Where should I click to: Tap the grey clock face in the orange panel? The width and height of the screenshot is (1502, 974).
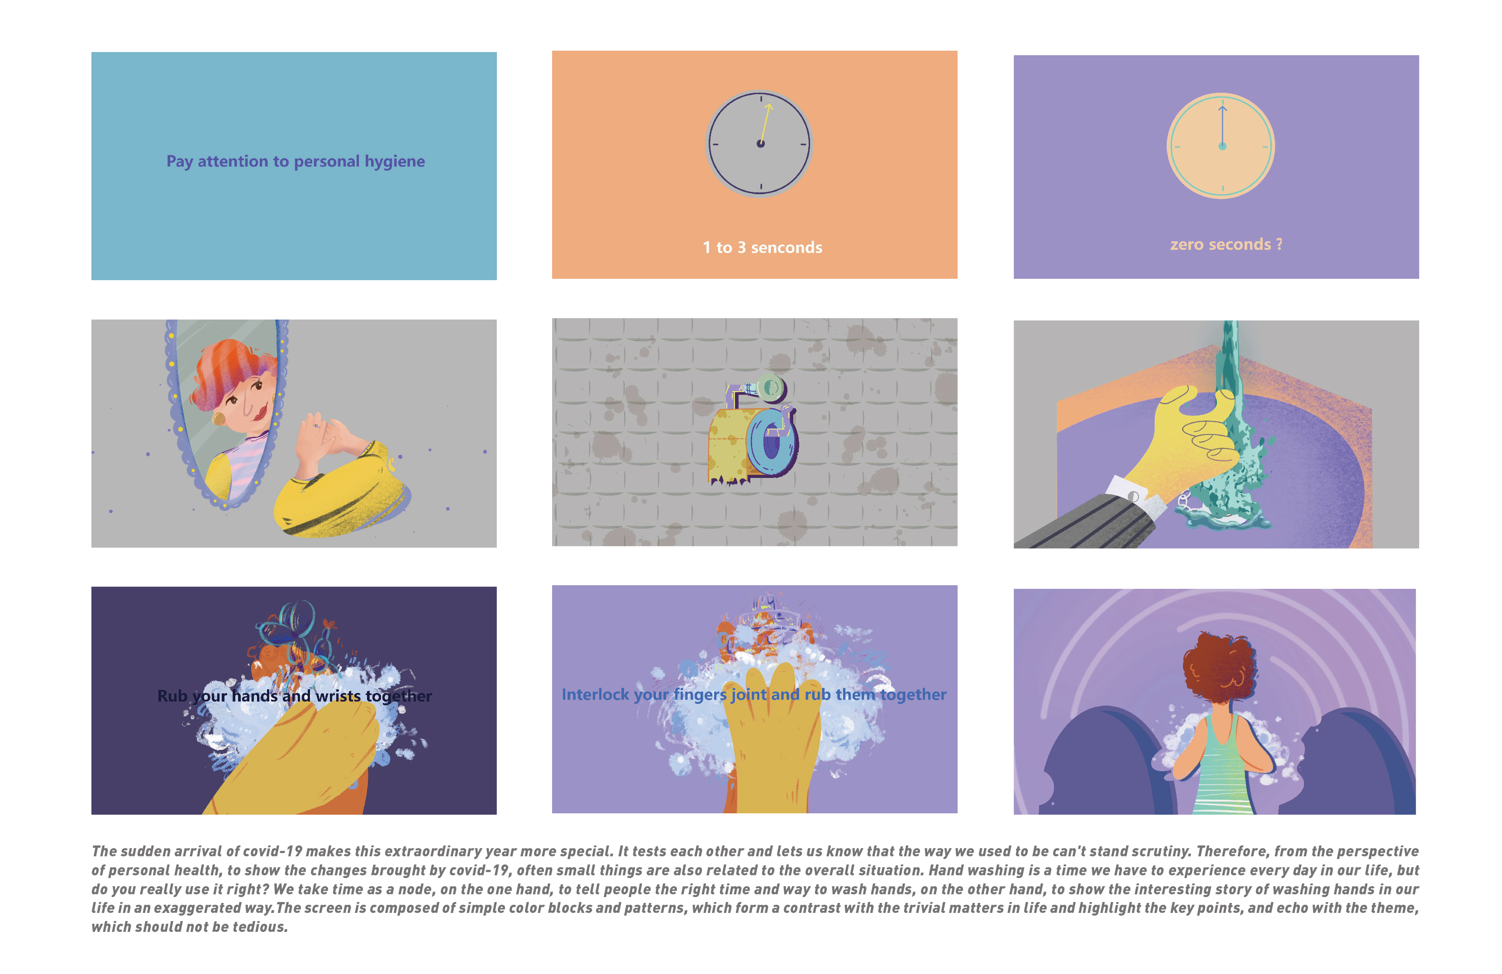pyautogui.click(x=759, y=144)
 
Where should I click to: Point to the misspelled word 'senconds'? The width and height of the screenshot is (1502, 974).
pyautogui.click(x=787, y=248)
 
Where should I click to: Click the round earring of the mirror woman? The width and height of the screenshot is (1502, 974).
pyautogui.click(x=219, y=419)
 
